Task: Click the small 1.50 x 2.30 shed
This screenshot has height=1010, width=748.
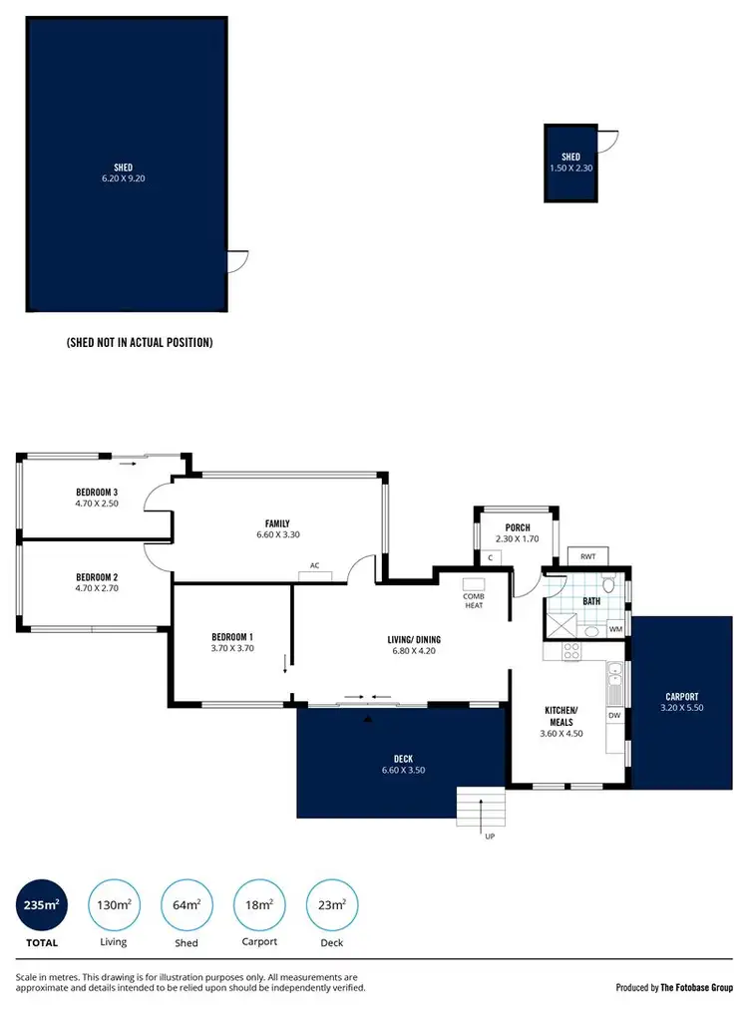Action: [x=570, y=164]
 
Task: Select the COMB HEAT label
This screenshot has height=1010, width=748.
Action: [x=474, y=595]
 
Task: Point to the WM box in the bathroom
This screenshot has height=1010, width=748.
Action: [x=615, y=629]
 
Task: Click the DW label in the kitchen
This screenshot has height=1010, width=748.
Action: [x=614, y=715]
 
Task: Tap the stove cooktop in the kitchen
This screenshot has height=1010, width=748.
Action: [x=571, y=652]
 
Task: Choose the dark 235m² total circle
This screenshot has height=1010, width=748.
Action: [x=42, y=904]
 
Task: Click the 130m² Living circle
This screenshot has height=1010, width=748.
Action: [x=114, y=904]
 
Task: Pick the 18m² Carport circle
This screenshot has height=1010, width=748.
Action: [x=258, y=904]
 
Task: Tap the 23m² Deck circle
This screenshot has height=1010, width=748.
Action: [x=331, y=904]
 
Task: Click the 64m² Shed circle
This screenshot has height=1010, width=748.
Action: [x=187, y=904]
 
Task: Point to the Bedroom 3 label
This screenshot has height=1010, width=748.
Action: [x=97, y=493]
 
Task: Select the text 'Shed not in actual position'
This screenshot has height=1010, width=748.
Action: [x=139, y=342]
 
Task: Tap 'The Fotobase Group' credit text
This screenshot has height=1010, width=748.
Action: [x=696, y=987]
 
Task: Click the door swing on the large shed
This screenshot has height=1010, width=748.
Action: [x=237, y=262]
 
